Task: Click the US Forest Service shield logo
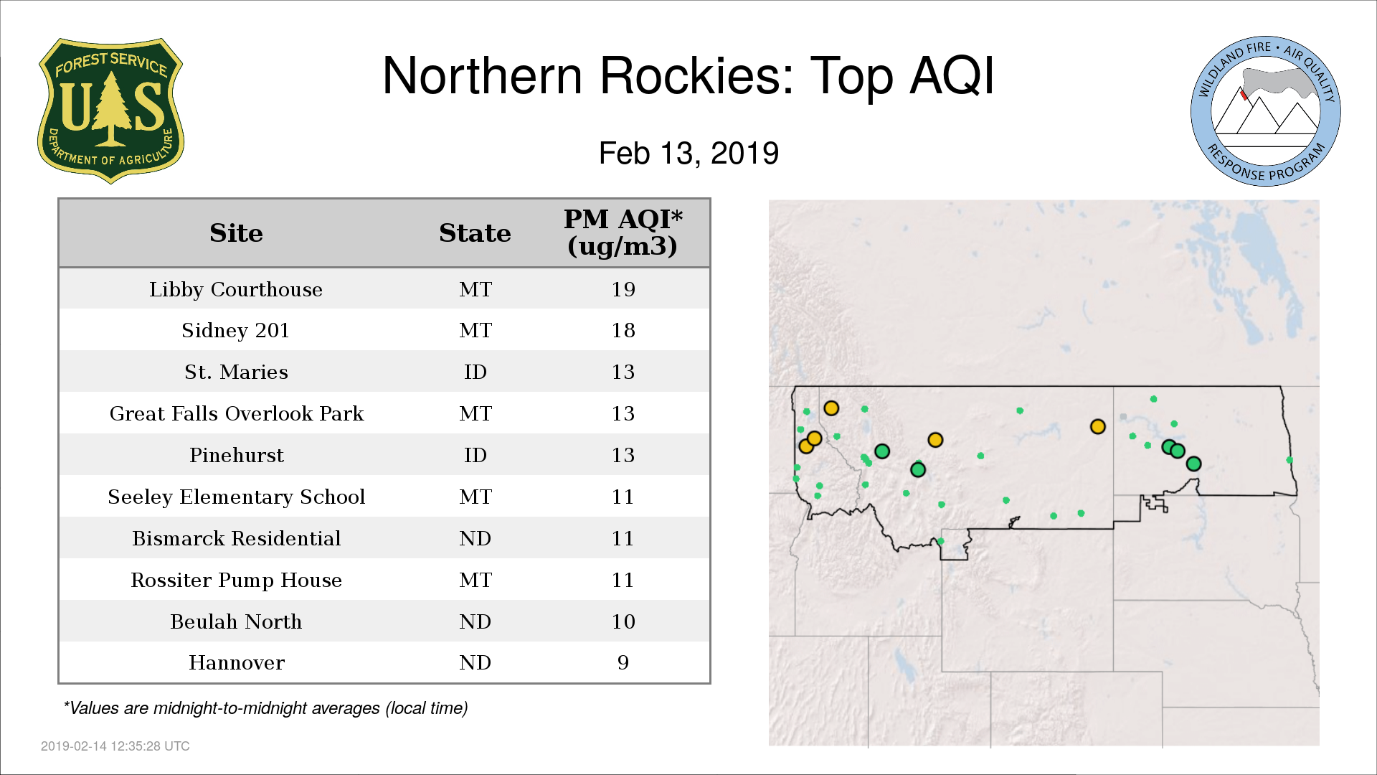click(110, 111)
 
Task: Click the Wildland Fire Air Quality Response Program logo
click(1266, 111)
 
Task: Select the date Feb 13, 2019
click(688, 154)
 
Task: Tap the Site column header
click(236, 233)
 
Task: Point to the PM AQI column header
click(623, 232)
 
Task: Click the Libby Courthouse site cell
click(236, 289)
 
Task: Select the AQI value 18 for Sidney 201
click(623, 330)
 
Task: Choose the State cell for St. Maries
click(475, 372)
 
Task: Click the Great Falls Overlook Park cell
click(237, 413)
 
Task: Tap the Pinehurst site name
click(237, 455)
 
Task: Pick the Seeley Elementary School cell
click(237, 497)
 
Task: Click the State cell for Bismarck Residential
click(475, 538)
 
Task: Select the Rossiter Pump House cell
click(237, 580)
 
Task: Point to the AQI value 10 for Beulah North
click(623, 621)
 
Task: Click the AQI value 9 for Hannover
click(623, 662)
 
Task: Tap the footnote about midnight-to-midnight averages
click(265, 708)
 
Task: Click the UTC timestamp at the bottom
click(115, 746)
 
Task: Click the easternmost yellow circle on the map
click(1097, 427)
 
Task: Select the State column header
click(475, 233)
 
